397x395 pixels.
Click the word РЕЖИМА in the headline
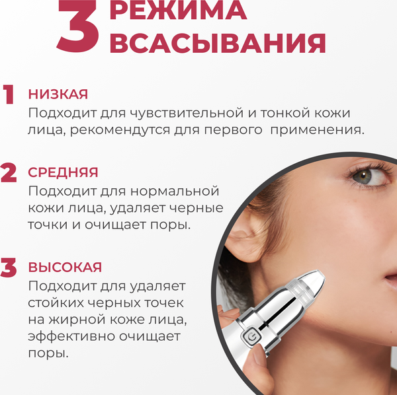(177, 13)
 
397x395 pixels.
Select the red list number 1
(9, 95)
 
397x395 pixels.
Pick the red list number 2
(9, 173)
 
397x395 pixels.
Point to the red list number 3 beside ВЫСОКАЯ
(9, 268)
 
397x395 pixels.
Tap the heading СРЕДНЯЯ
(63, 172)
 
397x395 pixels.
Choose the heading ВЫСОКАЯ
(65, 268)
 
